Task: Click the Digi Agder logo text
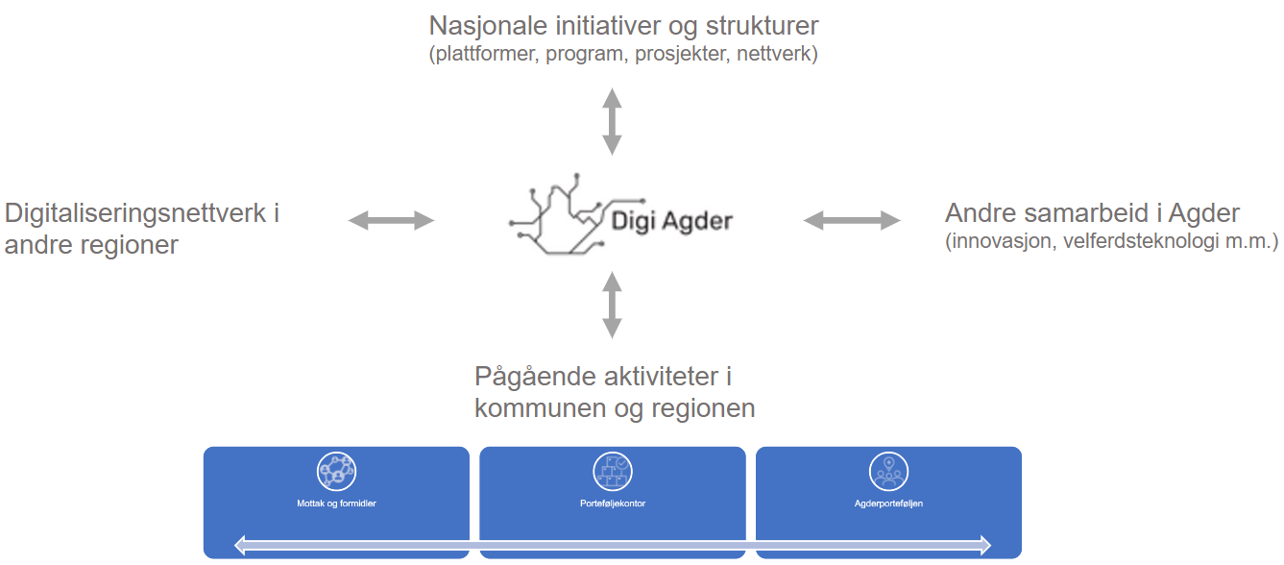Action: point(672,221)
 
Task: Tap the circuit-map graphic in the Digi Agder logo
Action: point(576,214)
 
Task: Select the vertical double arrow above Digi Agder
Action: point(612,122)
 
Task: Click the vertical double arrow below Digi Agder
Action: point(612,306)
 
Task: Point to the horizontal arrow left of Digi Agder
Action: point(392,220)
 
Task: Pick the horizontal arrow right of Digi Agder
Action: point(852,220)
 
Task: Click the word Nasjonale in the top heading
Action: point(488,26)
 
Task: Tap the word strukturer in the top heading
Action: point(762,26)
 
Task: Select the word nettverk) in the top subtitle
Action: point(777,54)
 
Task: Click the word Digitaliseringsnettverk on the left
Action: point(135,214)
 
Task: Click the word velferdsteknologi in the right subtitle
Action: point(1141,241)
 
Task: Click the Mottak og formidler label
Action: point(336,504)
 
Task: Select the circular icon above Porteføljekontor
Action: point(612,472)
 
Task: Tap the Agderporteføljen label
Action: point(888,504)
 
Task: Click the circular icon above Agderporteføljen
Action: point(888,472)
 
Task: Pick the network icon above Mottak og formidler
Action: point(336,472)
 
